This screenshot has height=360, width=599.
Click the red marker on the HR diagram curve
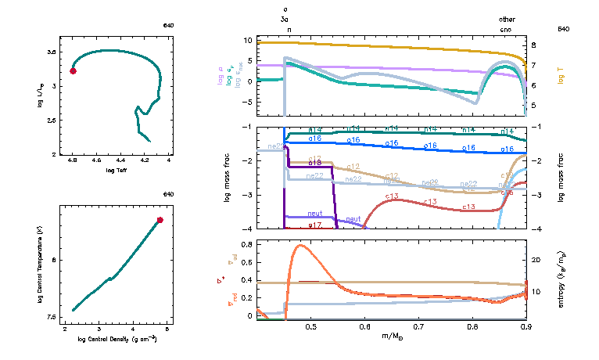coord(73,71)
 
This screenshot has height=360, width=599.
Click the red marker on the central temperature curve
coord(160,220)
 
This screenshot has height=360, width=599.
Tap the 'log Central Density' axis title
coord(117,339)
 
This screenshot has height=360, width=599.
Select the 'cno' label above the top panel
coord(508,28)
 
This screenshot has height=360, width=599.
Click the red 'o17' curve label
coord(315,225)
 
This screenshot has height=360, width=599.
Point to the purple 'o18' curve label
coord(315,162)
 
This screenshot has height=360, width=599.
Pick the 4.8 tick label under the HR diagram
coord(72,160)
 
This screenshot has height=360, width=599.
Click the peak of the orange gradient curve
coord(299,245)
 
